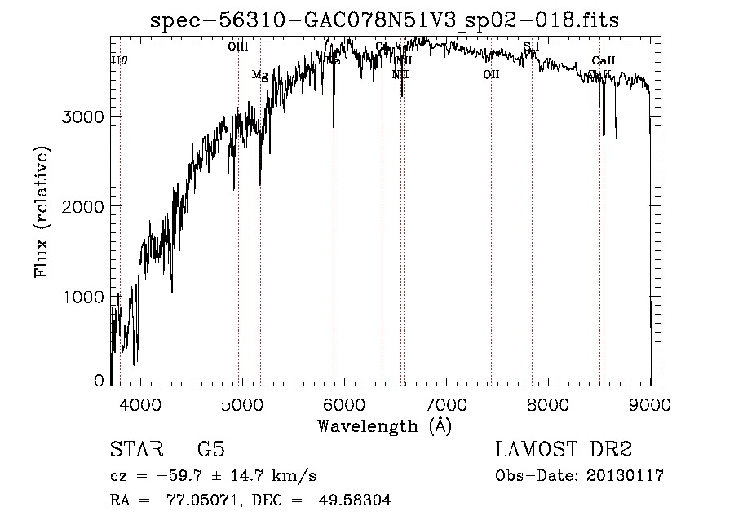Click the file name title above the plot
tap(385, 21)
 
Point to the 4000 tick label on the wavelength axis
tap(140, 403)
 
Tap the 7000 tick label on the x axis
tap(446, 403)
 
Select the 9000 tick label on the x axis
tap(650, 403)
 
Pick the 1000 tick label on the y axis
tap(84, 297)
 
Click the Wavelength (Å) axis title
tap(384, 425)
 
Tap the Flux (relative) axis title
tap(42, 211)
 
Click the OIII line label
tap(238, 47)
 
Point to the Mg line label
tap(259, 75)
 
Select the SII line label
tap(532, 46)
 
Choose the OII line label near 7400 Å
tap(491, 75)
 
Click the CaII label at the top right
tap(604, 60)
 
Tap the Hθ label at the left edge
tap(119, 60)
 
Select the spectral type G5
tap(211, 450)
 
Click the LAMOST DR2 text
tap(564, 450)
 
